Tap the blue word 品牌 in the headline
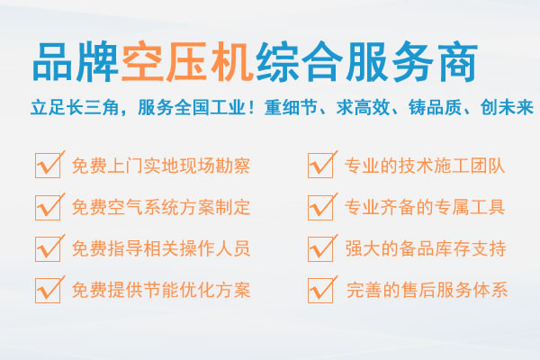tap(76, 62)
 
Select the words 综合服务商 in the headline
tap(367, 62)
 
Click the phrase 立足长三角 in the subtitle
tap(75, 107)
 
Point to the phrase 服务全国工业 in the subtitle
tap(191, 107)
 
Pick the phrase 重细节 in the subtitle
tap(291, 107)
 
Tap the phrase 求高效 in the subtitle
tap(363, 107)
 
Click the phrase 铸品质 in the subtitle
tap(435, 107)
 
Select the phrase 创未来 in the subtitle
tap(507, 107)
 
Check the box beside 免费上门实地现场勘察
tap(48, 166)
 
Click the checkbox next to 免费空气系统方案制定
tap(48, 207)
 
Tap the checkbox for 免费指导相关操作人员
tap(48, 249)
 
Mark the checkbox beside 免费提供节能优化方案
tap(48, 291)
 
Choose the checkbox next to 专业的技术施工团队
tap(320, 166)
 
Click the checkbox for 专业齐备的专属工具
tap(320, 207)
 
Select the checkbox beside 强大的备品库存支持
tap(320, 249)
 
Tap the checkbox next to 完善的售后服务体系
tap(320, 291)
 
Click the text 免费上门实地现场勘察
tap(161, 166)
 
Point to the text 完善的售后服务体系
tap(427, 290)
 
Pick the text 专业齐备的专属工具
tap(425, 207)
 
